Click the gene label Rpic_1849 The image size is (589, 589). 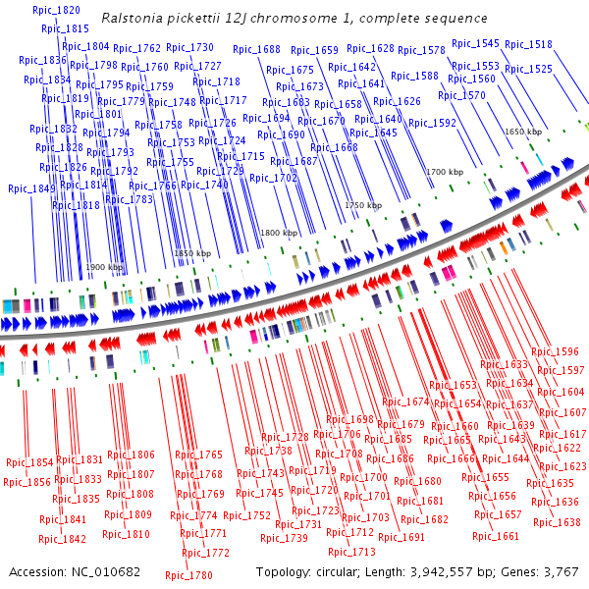[31, 188]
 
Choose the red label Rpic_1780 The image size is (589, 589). [188, 576]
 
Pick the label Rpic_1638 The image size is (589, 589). [557, 522]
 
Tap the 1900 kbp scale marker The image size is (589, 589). [104, 267]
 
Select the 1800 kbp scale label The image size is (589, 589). [278, 233]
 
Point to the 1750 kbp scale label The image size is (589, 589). [360, 205]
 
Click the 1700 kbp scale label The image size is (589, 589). [444, 172]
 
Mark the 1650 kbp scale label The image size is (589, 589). [523, 131]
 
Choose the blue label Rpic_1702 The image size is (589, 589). [273, 178]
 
